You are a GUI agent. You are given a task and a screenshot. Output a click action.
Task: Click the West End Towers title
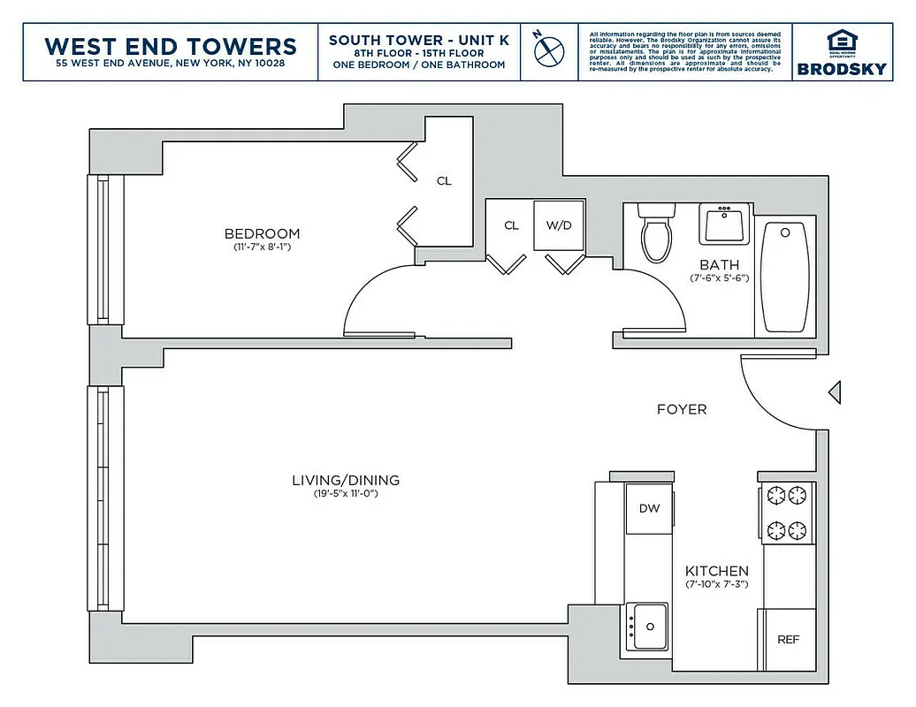[x=171, y=45]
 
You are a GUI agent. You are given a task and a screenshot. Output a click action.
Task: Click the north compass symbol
[x=549, y=49]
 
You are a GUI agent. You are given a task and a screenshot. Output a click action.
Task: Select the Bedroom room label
[x=262, y=234]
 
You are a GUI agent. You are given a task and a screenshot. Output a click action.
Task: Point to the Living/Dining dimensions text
[x=346, y=494]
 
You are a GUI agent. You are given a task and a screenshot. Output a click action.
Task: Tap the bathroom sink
[x=725, y=223]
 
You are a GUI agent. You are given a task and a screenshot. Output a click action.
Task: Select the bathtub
[x=784, y=277]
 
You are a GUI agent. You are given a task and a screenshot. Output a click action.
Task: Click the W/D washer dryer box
[x=559, y=225]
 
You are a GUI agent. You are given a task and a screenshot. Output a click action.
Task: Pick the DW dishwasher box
[x=649, y=508]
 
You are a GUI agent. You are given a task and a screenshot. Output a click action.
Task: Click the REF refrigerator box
[x=788, y=639]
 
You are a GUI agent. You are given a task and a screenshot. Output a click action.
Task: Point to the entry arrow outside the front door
[x=834, y=392]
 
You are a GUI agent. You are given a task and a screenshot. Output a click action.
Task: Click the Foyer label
[x=682, y=409]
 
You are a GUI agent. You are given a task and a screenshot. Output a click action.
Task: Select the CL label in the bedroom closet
[x=444, y=181]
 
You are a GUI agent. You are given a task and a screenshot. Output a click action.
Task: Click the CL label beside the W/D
[x=511, y=225]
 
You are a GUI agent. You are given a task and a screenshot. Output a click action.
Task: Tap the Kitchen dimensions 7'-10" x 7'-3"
[x=716, y=584]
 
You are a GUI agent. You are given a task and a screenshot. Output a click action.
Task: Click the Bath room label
[x=719, y=264]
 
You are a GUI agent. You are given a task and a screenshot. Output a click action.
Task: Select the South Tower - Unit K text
[x=419, y=40]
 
